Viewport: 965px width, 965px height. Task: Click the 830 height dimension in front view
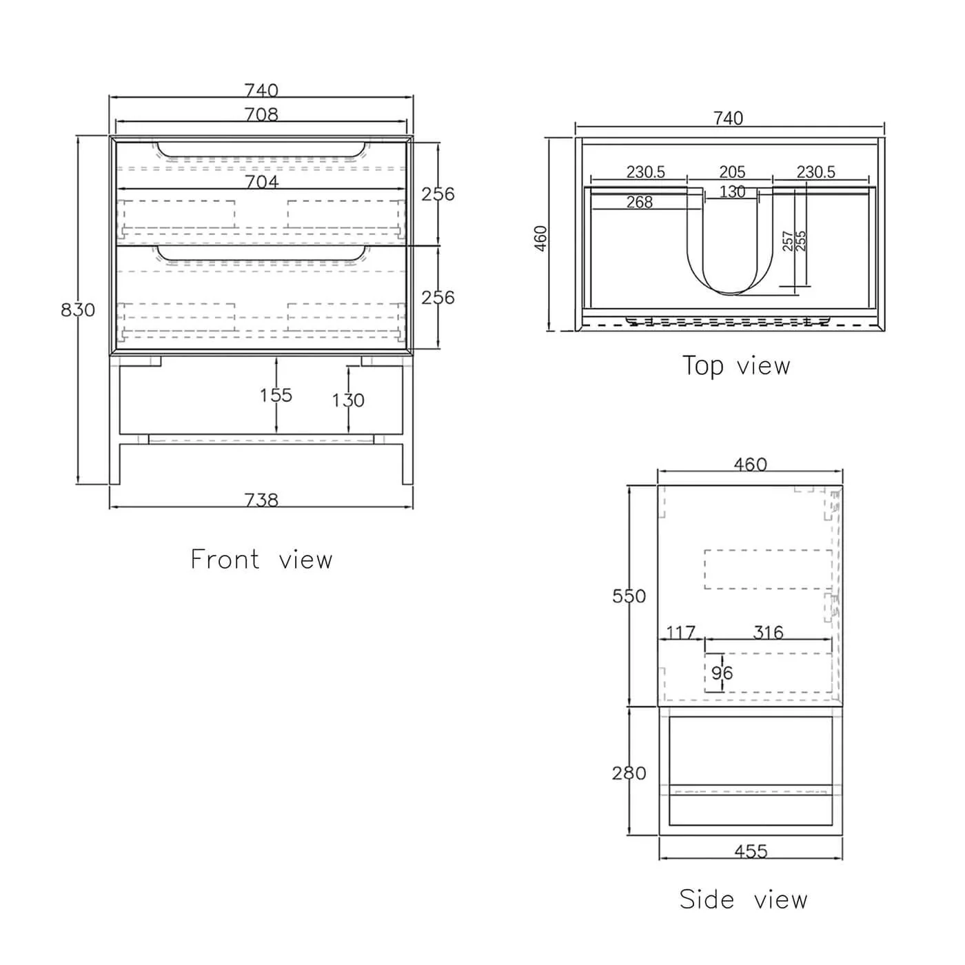[x=77, y=310]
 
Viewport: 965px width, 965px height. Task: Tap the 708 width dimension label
[x=262, y=114]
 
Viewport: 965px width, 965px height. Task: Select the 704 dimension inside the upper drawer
[x=263, y=181]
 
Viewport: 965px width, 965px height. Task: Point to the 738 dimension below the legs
[x=262, y=500]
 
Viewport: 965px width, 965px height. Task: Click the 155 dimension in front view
[x=276, y=395]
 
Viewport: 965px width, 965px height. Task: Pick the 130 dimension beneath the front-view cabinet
[x=348, y=400]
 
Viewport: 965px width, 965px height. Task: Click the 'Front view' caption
[x=261, y=559]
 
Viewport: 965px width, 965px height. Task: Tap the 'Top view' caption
[x=736, y=365]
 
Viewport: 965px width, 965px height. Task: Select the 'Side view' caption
[x=743, y=899]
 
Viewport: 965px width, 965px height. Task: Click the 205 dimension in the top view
[x=732, y=172]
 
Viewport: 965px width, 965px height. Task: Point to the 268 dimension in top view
[x=640, y=202]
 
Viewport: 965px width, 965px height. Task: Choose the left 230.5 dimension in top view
[x=646, y=172]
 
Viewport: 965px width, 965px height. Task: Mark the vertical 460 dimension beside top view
[x=541, y=238]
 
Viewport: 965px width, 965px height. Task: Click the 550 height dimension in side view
[x=629, y=596]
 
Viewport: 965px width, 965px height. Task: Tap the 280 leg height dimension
[x=629, y=773]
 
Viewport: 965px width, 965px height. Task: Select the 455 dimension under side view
[x=751, y=851]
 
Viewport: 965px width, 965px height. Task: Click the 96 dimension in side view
[x=722, y=673]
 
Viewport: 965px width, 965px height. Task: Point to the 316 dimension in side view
[x=769, y=632]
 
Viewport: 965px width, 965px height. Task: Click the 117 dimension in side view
[x=681, y=632]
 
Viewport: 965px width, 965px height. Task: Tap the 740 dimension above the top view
[x=729, y=119]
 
